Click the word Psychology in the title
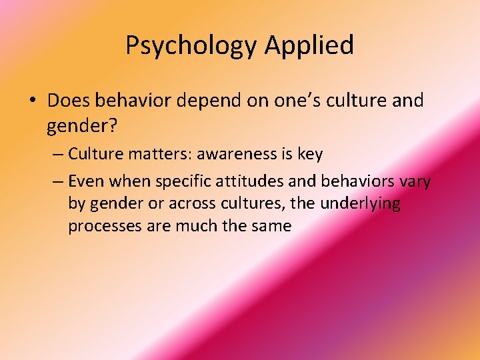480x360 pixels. coord(191,45)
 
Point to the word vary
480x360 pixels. coord(415,181)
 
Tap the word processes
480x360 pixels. coord(103,226)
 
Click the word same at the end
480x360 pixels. coord(271,226)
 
